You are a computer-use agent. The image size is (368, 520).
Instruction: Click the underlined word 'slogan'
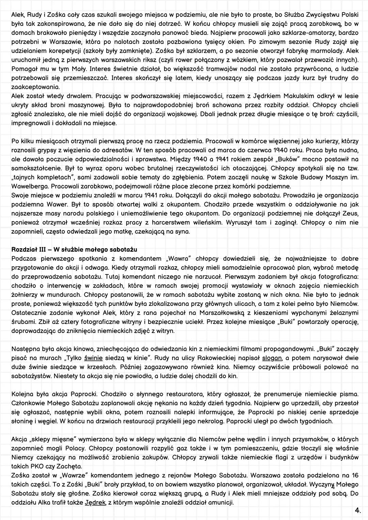coord(272,358)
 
